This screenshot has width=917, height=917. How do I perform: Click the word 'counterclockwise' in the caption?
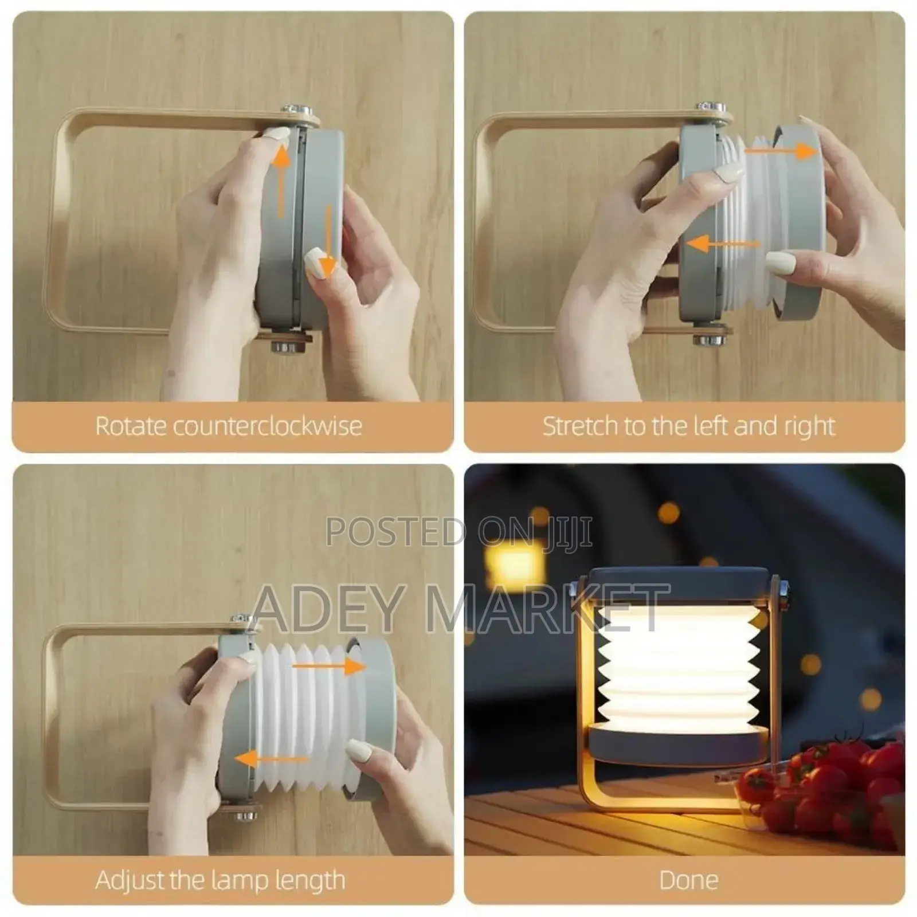(268, 426)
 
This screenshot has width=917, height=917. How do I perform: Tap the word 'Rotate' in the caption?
(130, 426)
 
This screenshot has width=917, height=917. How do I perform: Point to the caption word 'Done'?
(688, 880)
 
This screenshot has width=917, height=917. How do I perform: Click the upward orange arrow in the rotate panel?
(281, 178)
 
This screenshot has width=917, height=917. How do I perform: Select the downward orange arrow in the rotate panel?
(328, 241)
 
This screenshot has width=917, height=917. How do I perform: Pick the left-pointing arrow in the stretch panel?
(722, 244)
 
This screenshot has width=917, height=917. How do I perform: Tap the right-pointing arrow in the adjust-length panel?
(329, 666)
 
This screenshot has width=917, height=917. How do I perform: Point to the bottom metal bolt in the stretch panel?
(710, 339)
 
